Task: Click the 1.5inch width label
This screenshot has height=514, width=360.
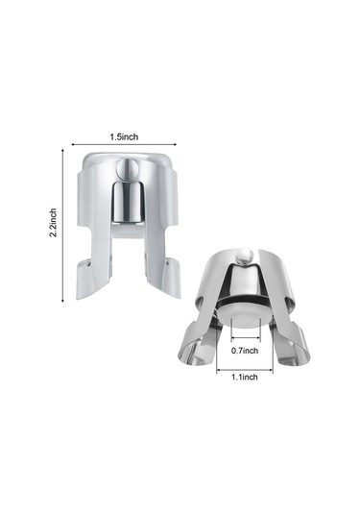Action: [x=124, y=136]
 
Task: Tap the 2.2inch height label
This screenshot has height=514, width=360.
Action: [x=53, y=222]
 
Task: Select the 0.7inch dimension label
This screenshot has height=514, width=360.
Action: [x=245, y=351]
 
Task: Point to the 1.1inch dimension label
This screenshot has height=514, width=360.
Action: [x=245, y=377]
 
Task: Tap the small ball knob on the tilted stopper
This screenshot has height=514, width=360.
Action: [x=246, y=256]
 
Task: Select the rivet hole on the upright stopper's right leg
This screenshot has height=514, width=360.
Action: [x=168, y=262]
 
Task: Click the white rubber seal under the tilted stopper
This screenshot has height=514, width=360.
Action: [x=245, y=315]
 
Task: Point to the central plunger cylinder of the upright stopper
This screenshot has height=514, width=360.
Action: [x=128, y=202]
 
